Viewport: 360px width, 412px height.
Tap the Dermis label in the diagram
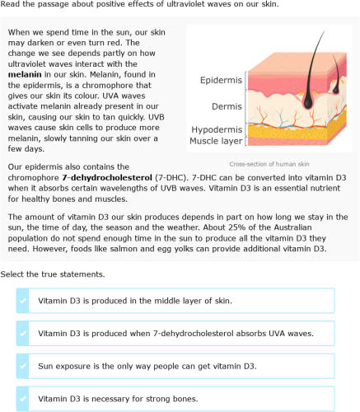[227, 107]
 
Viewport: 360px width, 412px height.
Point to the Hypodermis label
[217, 130]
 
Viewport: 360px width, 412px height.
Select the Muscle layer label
[216, 141]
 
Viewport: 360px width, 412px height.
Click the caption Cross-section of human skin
[269, 164]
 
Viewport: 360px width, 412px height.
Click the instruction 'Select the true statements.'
[53, 274]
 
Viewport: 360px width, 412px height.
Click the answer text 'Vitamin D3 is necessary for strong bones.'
[118, 399]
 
